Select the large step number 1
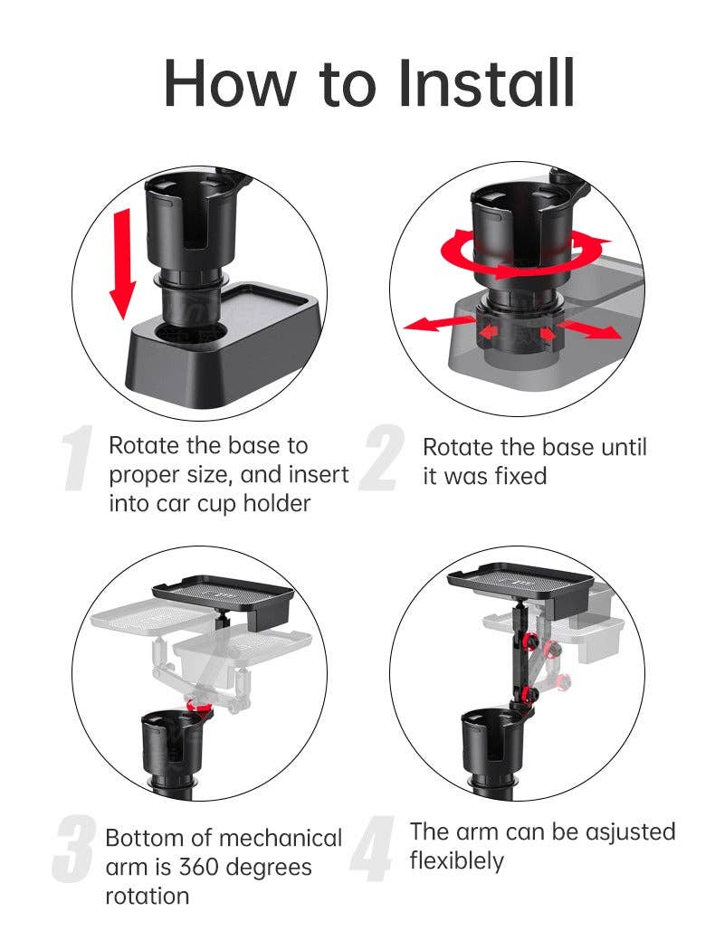[x=79, y=461]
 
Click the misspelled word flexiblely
[x=456, y=860]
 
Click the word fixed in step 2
[x=517, y=476]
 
